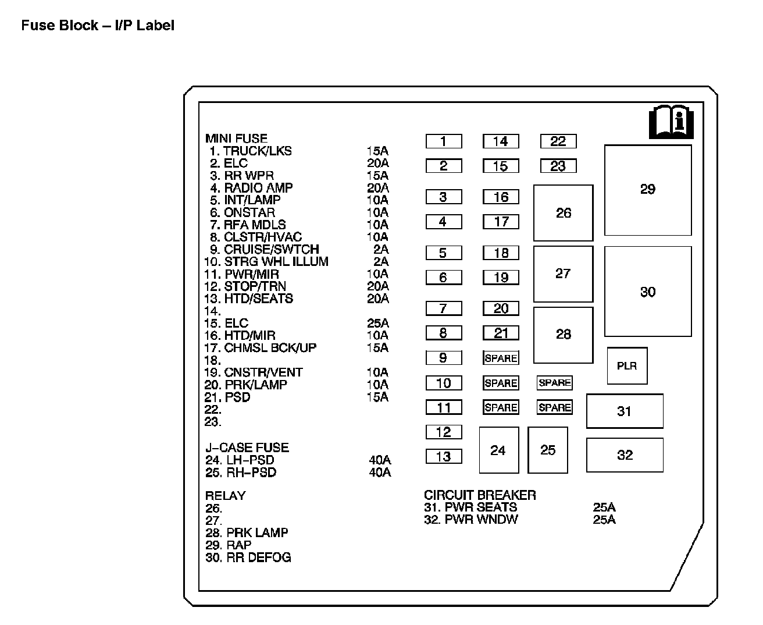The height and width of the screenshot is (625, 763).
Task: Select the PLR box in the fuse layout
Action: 627,366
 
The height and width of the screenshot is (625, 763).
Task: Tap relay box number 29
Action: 648,190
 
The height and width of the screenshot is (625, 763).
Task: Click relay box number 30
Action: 648,292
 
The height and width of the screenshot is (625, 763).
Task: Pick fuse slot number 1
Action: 444,141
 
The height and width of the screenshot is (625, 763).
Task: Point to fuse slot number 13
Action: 444,457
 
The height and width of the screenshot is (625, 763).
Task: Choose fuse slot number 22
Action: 558,141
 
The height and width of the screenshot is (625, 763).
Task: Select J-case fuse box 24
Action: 498,450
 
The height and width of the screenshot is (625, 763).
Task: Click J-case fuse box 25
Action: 548,450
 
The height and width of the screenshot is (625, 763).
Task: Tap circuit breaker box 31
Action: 625,411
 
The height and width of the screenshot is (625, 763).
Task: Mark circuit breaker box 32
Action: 625,455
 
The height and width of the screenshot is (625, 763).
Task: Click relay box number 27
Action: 563,274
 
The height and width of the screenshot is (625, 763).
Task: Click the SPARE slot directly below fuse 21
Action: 501,358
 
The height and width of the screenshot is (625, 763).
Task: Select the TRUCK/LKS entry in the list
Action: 258,151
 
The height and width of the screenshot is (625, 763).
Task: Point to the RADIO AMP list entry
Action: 258,188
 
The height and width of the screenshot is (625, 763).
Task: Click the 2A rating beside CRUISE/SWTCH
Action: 381,250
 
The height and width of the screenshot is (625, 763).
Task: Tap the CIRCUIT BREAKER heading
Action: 480,495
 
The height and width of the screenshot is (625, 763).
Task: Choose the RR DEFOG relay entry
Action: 258,557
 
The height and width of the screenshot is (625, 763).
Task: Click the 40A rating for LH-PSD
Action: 380,460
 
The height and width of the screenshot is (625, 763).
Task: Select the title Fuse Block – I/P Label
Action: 98,26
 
